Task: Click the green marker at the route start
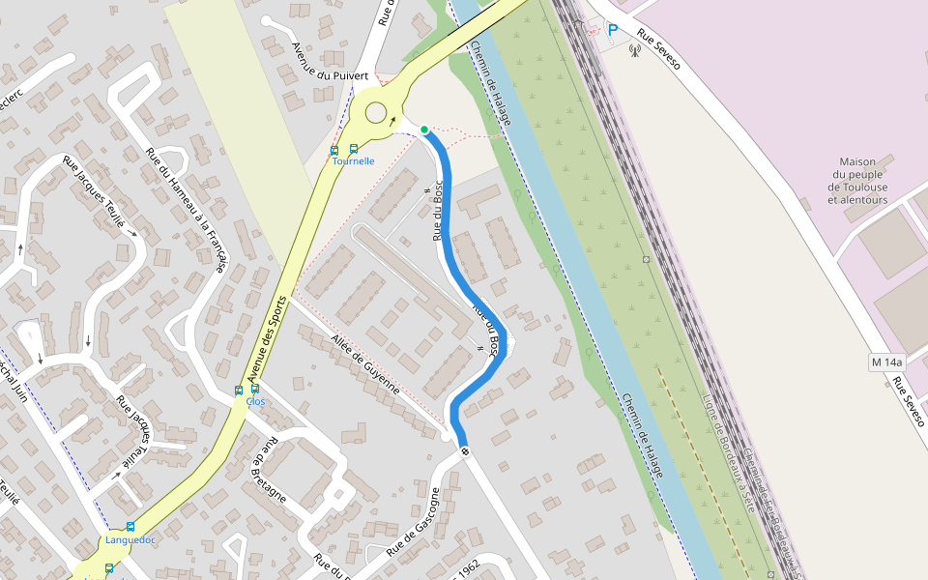(424, 130)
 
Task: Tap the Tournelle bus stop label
(352, 161)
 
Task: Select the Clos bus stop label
(255, 401)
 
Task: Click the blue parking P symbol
(612, 31)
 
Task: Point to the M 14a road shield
(886, 362)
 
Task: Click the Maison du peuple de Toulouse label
(857, 181)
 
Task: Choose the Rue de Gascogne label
(414, 523)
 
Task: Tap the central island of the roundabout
(374, 112)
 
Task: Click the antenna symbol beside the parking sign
(635, 49)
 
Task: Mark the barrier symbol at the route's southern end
(465, 451)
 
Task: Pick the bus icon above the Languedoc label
(130, 527)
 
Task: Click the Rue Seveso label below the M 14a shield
(909, 402)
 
